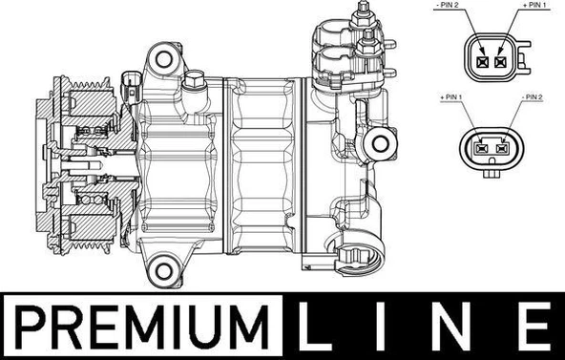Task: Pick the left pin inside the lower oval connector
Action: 480,148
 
